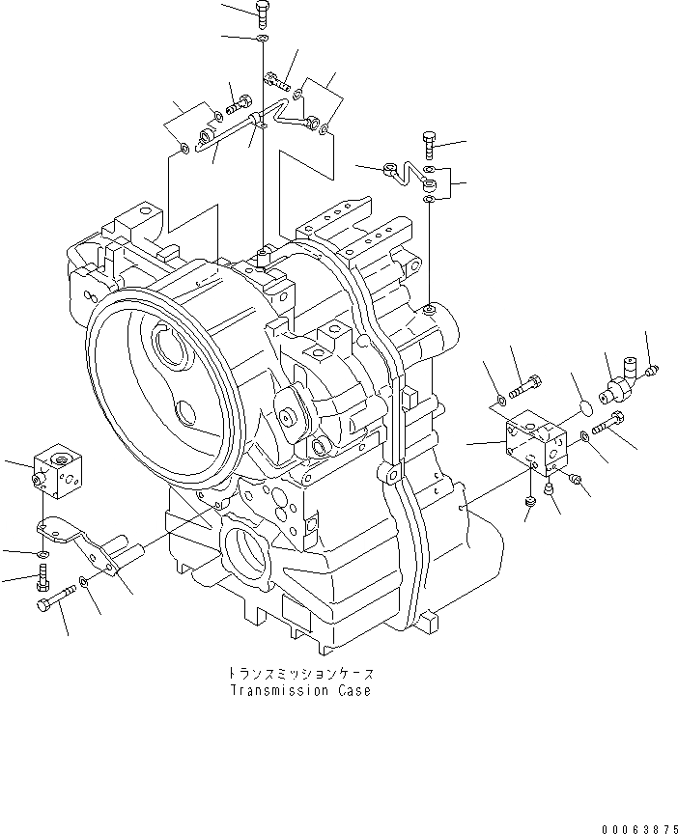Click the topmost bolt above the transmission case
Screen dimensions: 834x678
264,13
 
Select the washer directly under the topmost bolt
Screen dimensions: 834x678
263,38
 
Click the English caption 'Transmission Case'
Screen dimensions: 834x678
300,691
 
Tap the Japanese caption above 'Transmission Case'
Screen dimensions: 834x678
300,674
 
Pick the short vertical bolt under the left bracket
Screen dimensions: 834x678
42,580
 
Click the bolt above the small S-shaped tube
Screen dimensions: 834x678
430,146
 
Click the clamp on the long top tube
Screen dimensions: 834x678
257,120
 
